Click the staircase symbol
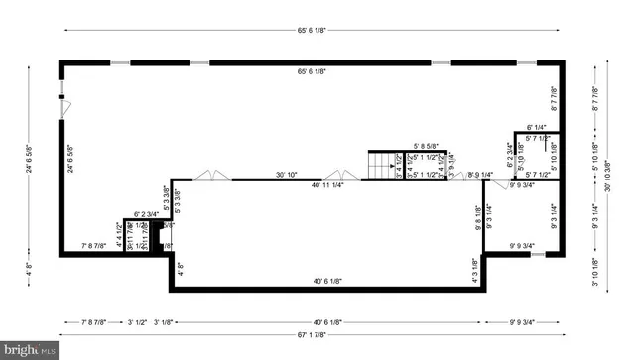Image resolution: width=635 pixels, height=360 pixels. pos(383,165)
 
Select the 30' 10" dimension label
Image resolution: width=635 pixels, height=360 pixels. pos(287,175)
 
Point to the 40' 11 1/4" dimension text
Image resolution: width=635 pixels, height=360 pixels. pos(327,184)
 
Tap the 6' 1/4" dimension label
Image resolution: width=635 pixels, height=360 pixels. pos(537,127)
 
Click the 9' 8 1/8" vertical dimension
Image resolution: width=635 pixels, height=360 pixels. pos(477,216)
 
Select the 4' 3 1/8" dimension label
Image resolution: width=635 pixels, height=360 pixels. pos(475,270)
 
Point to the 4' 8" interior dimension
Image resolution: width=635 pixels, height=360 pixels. pos(180,266)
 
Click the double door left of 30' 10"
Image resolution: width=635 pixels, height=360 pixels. pos(208,177)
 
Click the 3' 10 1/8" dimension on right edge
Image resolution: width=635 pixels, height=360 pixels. pos(595,270)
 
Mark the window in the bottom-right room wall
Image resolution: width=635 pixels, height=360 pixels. pos(537,255)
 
